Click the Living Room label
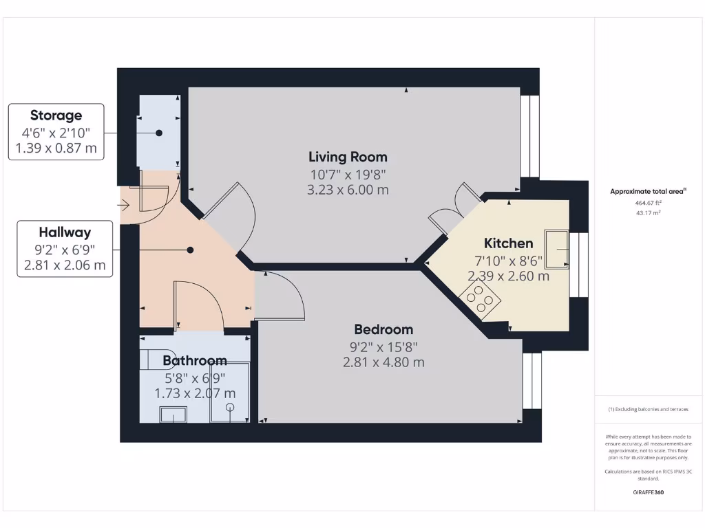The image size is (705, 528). tap(348, 157)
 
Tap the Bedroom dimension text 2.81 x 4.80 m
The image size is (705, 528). tap(383, 362)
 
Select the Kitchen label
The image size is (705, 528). tap(508, 243)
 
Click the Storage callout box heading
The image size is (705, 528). tap(56, 115)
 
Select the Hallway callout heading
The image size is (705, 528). tap(65, 232)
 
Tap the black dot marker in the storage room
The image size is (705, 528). tap(159, 133)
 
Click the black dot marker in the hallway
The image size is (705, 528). tap(191, 251)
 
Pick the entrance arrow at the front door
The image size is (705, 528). tap(125, 204)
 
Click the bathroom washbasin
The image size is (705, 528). tap(173, 414)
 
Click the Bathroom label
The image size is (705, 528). tap(195, 361)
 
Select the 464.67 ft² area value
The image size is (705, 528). tap(647, 203)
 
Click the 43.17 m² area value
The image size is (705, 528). tap(647, 213)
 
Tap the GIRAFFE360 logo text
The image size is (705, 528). tap(647, 492)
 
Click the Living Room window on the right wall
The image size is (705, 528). tap(529, 136)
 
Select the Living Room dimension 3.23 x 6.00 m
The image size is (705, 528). tap(348, 189)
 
